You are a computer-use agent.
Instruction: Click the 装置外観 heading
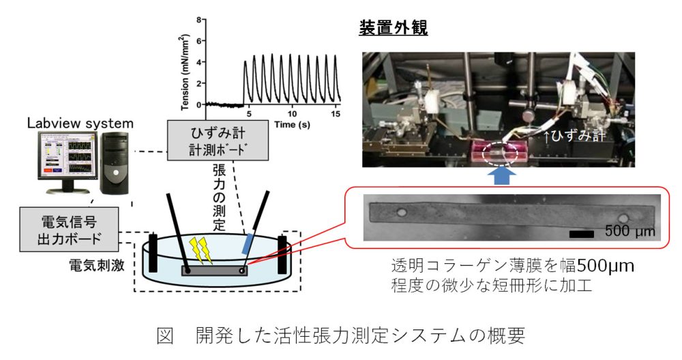click(393, 29)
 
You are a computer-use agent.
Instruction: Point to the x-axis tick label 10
click(293, 113)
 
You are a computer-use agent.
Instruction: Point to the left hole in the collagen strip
click(401, 213)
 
